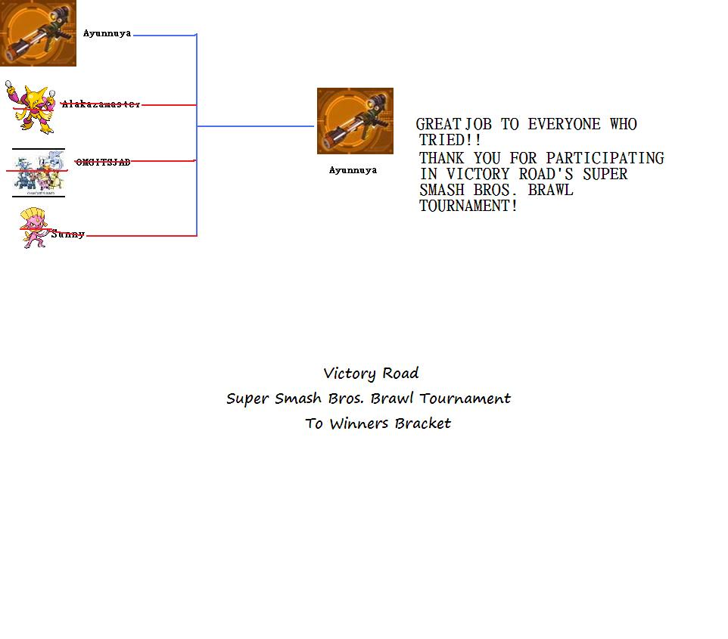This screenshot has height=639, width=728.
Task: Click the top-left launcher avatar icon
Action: pos(38,33)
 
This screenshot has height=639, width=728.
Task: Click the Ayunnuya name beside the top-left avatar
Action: pos(107,33)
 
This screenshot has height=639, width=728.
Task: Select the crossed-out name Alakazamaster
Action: pos(101,104)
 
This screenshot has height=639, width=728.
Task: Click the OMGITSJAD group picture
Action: pos(39,172)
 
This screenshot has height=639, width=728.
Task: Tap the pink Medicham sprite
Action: pos(33,228)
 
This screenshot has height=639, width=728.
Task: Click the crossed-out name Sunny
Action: pos(68,234)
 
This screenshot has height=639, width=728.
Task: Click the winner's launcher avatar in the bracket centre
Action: pos(355,121)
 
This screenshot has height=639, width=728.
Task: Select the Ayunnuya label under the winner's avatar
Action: pos(353,170)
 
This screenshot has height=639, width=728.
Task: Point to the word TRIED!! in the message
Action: pos(450,141)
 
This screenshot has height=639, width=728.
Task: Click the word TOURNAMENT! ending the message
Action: pos(468,206)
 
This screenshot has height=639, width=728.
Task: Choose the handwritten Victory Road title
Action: pos(371,373)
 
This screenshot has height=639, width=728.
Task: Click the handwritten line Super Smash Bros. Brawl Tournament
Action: pos(369,399)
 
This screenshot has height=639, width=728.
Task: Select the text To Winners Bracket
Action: pos(378,423)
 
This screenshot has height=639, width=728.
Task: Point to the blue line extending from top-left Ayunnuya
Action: pos(164,35)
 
